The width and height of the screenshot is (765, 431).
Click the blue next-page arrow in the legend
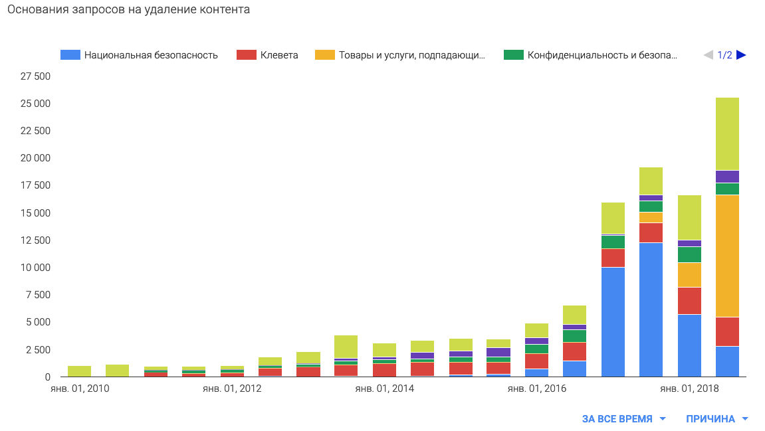[x=741, y=55]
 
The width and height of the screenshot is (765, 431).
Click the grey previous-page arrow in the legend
[x=708, y=55]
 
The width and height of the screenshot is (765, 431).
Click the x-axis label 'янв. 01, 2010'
[x=80, y=388]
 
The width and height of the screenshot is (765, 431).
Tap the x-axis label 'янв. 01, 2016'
[x=536, y=388]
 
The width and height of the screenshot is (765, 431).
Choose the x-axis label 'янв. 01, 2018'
[x=689, y=388]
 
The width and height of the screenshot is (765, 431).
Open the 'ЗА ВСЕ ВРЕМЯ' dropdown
[x=624, y=419]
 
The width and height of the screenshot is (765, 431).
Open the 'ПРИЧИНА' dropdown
[x=717, y=419]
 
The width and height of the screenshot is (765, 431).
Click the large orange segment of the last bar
[x=727, y=256]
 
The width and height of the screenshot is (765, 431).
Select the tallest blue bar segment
[x=651, y=309]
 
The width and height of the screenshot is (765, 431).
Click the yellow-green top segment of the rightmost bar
[x=727, y=133]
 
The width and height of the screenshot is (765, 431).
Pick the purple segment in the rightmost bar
[x=727, y=177]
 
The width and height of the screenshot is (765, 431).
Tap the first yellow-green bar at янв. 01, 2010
[x=80, y=371]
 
